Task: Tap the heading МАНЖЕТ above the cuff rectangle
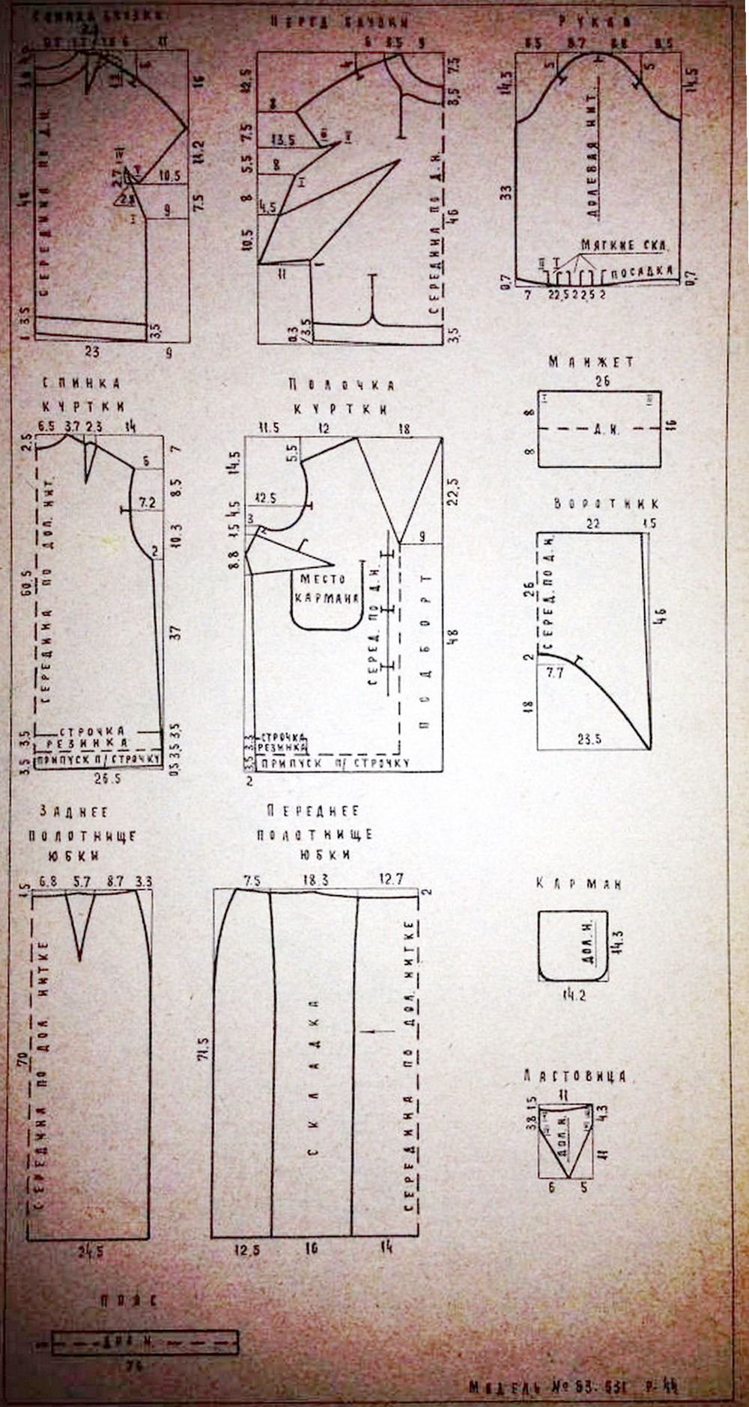(591, 362)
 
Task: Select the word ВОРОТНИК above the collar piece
(607, 504)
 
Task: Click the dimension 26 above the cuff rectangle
(601, 381)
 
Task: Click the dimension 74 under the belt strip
(135, 1364)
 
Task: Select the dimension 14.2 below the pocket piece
(574, 995)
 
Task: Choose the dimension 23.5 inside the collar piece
(589, 739)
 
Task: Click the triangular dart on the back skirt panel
(80, 928)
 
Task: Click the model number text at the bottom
(574, 1386)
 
